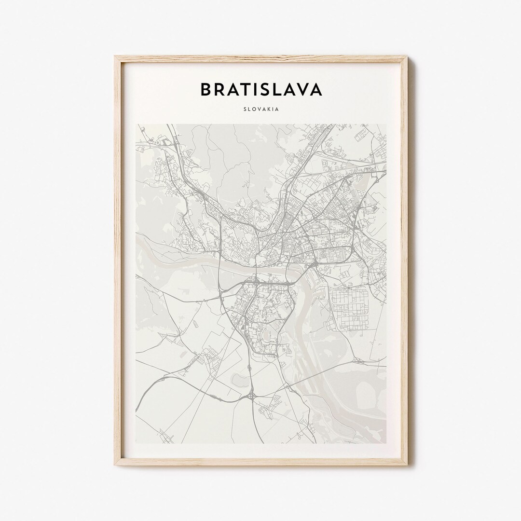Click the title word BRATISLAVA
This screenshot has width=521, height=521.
click(261, 89)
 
